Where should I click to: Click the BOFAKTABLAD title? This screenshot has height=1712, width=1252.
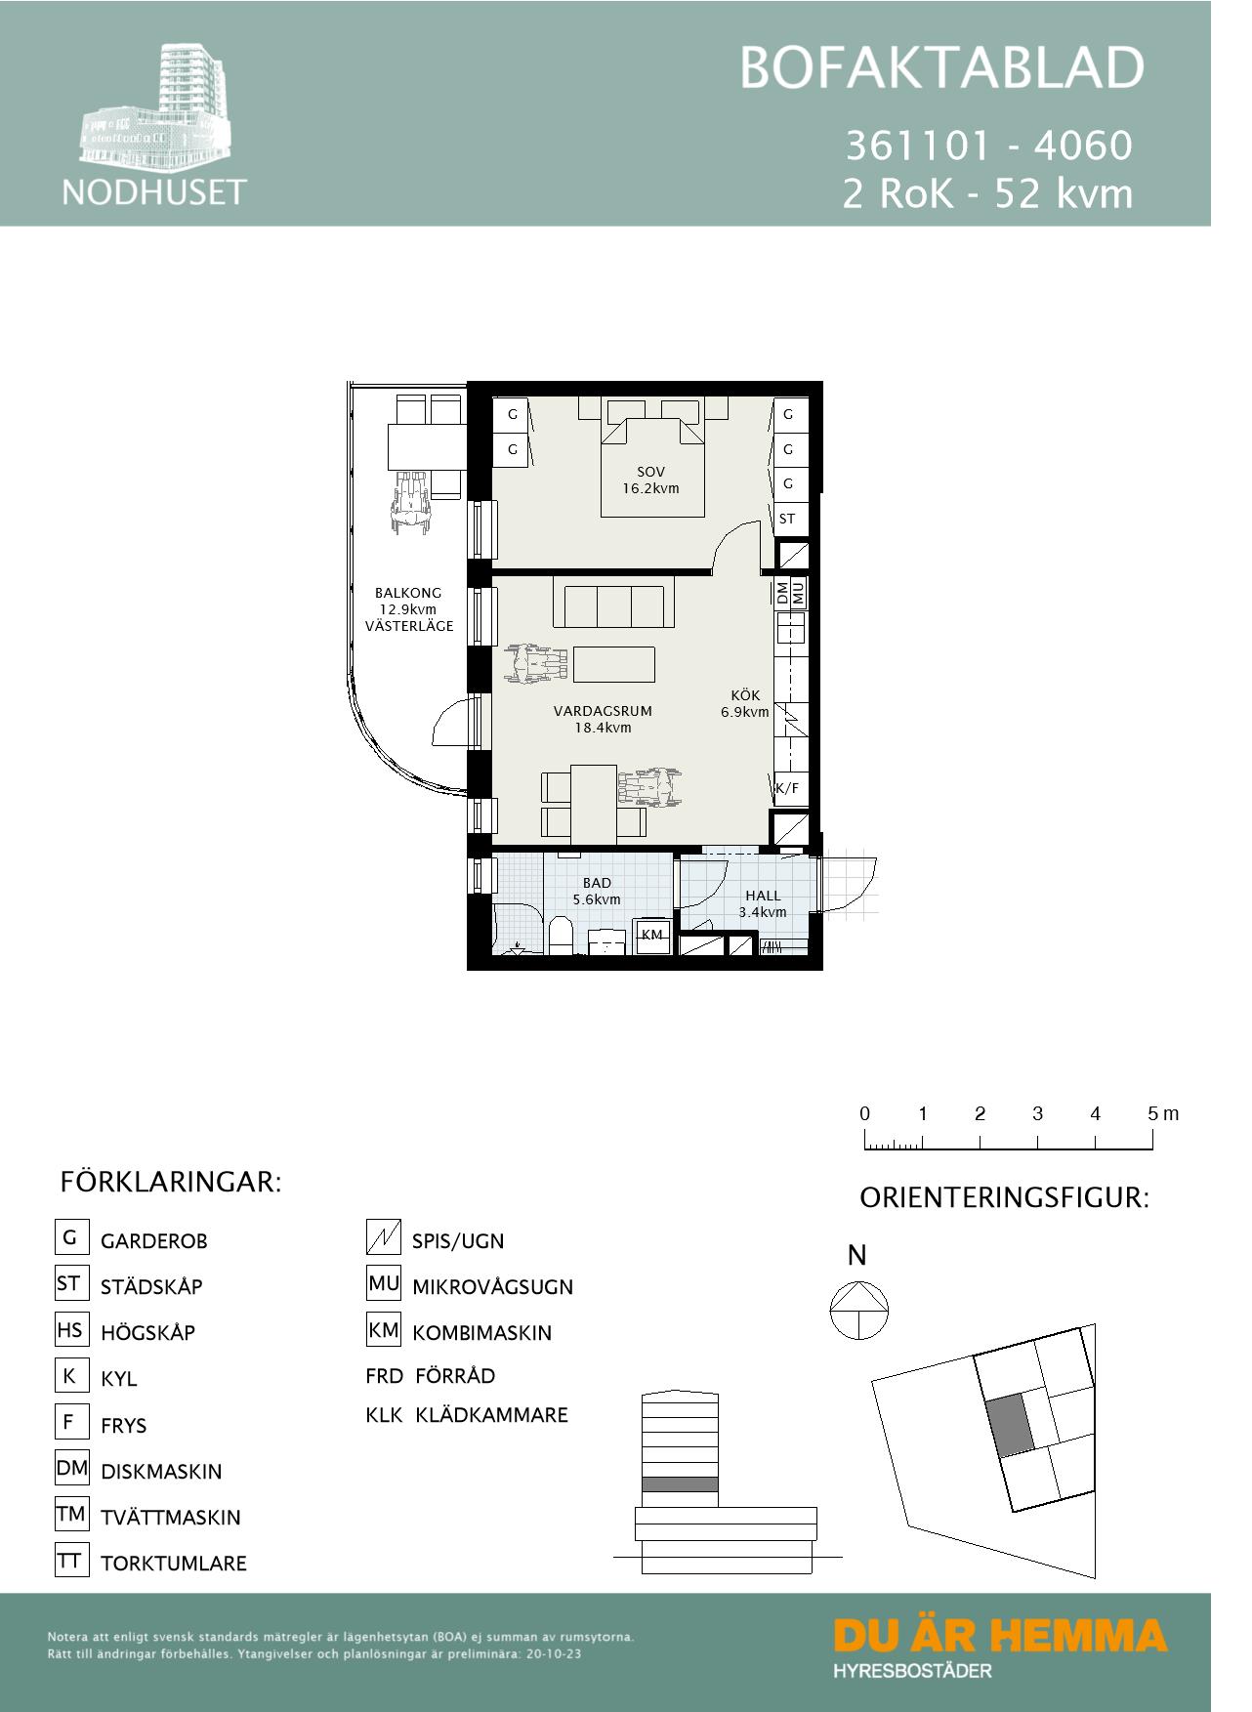click(941, 68)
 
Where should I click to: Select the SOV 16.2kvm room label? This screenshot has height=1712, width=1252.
click(650, 480)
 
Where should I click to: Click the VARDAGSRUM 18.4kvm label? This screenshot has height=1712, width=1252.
click(603, 719)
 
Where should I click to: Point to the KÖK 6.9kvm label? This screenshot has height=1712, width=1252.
click(744, 703)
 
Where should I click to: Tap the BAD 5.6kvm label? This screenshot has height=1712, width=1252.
click(596, 891)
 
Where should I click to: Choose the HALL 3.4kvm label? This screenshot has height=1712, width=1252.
click(763, 903)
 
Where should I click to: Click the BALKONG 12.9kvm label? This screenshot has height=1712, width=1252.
click(408, 608)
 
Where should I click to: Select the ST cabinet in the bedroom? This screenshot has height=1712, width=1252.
click(788, 519)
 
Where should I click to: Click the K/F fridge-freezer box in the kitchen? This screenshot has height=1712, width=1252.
click(787, 788)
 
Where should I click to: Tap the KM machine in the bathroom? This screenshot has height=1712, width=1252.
click(651, 935)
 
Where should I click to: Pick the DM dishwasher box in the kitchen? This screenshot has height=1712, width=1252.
click(781, 593)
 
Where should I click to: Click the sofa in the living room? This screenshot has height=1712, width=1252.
click(613, 603)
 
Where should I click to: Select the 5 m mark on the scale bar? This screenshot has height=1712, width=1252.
click(1152, 1139)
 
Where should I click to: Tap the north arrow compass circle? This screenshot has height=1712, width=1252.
click(858, 1311)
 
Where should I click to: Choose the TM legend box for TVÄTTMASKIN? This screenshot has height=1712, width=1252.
click(71, 1515)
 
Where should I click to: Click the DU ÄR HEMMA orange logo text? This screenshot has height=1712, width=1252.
click(1000, 1635)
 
